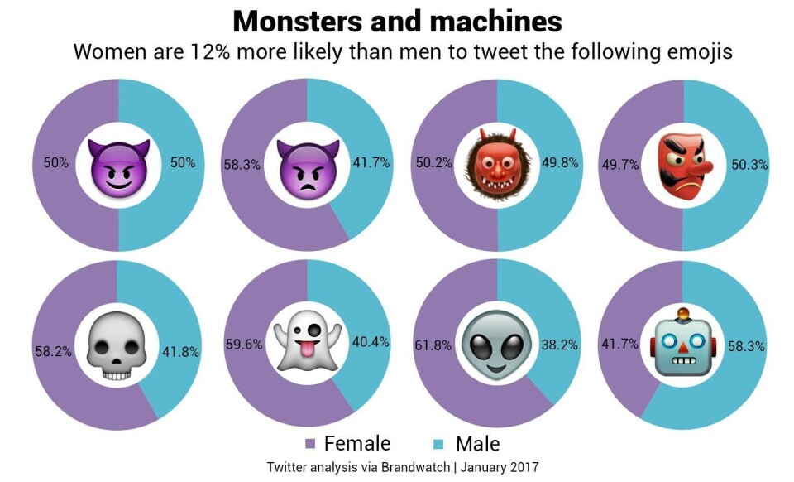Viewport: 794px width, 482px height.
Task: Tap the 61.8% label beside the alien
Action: (433, 345)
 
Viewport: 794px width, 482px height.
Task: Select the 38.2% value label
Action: (561, 345)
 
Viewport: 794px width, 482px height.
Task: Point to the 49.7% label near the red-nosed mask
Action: (621, 164)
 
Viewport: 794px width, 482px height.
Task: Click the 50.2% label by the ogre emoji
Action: (433, 163)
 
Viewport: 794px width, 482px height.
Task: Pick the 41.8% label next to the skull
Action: (181, 351)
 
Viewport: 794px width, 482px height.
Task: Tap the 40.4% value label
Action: (371, 342)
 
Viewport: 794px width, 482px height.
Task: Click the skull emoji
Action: (117, 346)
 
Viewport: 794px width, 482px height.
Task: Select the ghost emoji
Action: (307, 346)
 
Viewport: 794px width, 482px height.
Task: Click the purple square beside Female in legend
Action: (310, 444)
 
